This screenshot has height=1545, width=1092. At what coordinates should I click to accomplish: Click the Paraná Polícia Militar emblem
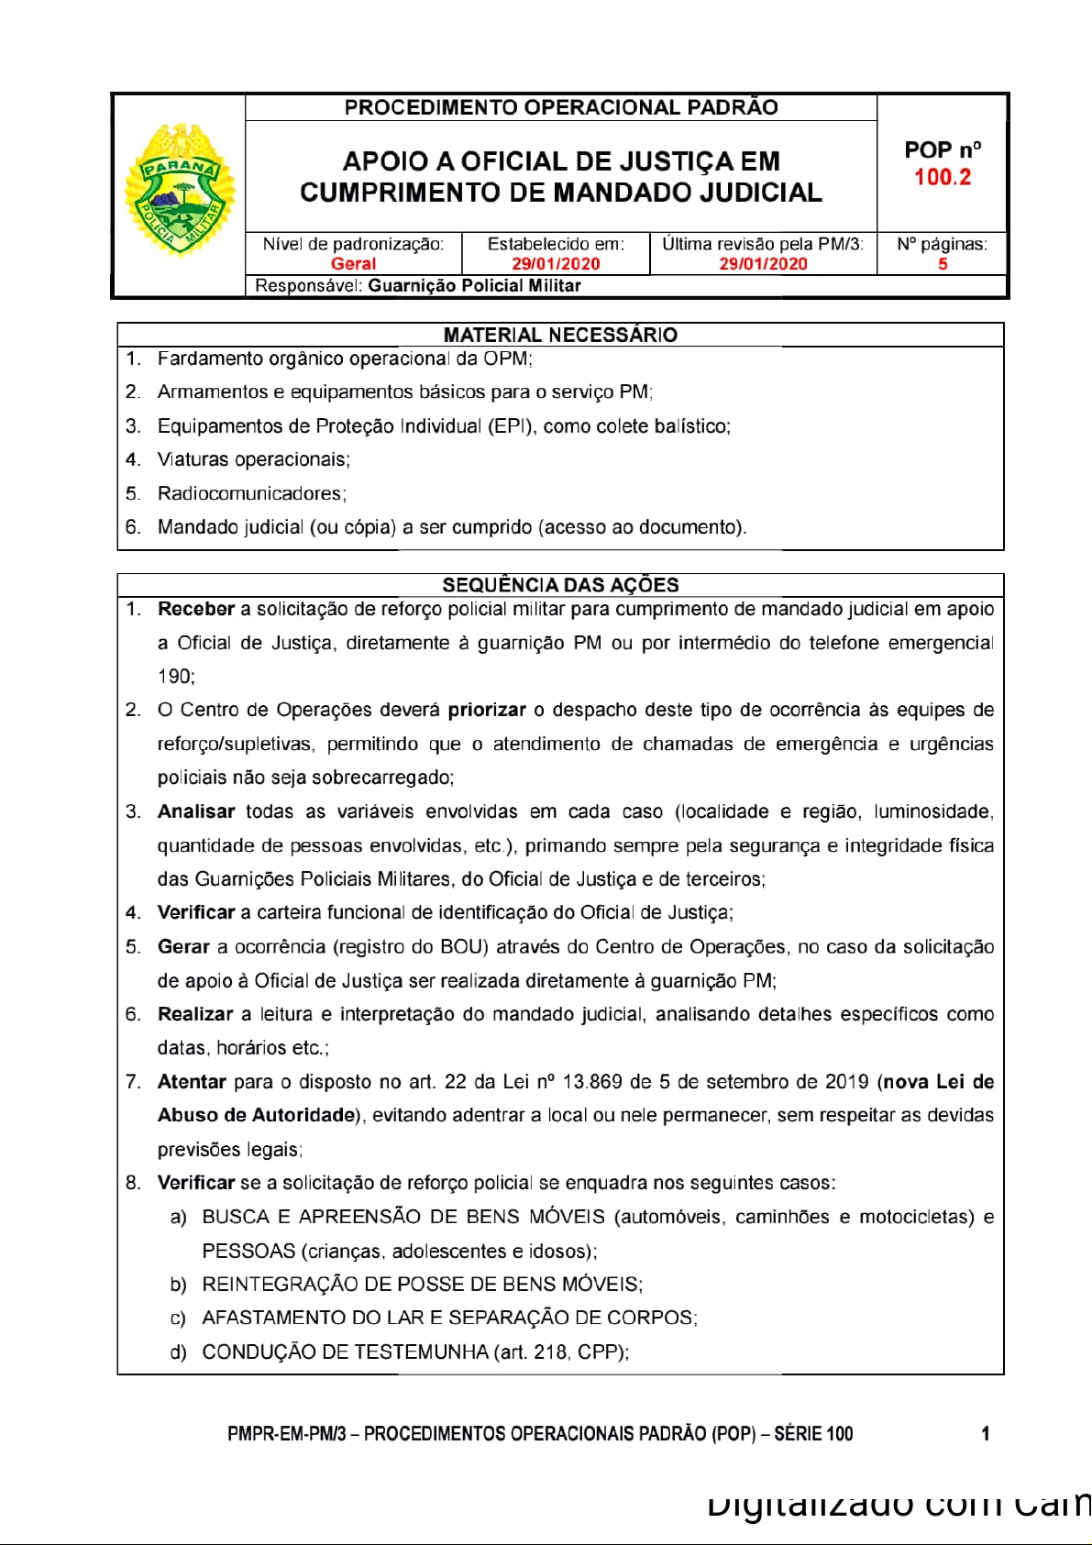coord(180,191)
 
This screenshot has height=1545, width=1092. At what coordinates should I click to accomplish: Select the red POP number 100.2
coord(942,177)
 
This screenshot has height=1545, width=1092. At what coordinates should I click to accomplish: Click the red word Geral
coord(353,264)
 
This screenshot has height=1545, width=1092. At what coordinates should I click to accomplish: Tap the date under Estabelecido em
coord(556,264)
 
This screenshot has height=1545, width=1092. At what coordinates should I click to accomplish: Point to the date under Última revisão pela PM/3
coord(763,264)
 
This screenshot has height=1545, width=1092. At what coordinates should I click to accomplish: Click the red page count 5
coord(942,264)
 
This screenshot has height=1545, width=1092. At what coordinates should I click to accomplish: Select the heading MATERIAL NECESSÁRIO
coord(560,335)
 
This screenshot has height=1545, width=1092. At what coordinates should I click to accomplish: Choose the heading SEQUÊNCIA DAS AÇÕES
coord(560,585)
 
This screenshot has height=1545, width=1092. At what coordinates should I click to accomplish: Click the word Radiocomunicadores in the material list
coord(250,493)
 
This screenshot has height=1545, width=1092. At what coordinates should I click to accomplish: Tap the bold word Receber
coord(196,609)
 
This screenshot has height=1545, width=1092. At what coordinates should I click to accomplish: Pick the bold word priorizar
coord(487,710)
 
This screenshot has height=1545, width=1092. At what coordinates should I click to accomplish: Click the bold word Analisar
coord(196,811)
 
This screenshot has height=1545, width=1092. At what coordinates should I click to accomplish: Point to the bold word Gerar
coord(183,946)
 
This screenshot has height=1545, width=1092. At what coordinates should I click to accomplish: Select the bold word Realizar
coord(195,1014)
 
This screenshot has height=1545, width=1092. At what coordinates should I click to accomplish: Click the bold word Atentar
coord(192,1082)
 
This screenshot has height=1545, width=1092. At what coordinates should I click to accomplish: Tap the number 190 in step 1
coord(174,677)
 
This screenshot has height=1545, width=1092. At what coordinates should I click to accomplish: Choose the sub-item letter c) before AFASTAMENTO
coord(178,1319)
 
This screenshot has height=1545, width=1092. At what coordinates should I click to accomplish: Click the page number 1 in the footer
coord(986,1434)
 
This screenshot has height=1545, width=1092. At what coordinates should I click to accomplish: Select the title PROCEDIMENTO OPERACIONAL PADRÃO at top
coord(560,107)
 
